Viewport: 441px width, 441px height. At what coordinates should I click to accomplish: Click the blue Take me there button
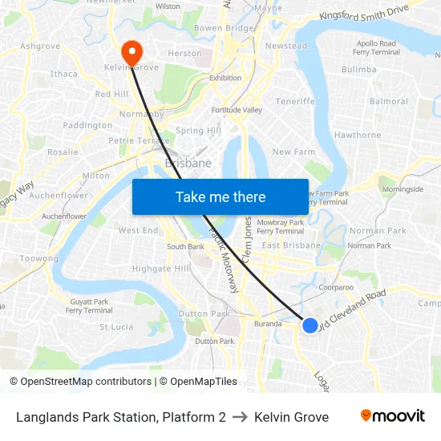point(220,197)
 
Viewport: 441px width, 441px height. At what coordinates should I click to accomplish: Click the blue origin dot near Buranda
point(310,325)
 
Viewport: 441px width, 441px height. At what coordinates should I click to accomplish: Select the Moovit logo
point(392,416)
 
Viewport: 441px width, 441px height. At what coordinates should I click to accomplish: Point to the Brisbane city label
point(188,163)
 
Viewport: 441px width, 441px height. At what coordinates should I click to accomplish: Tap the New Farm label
point(293,152)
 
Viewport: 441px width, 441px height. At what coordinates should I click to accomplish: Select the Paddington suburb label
point(87,125)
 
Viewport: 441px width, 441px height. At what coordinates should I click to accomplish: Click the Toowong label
point(39,259)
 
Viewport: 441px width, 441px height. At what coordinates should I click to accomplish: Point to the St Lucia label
point(116,327)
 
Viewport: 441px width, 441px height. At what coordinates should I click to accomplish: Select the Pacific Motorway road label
point(224,260)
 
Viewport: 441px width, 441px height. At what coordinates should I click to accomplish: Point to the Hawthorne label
point(358,135)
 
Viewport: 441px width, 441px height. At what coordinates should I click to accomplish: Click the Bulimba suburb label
point(358,70)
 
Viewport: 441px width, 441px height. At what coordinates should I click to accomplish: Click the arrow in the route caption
point(240,417)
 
